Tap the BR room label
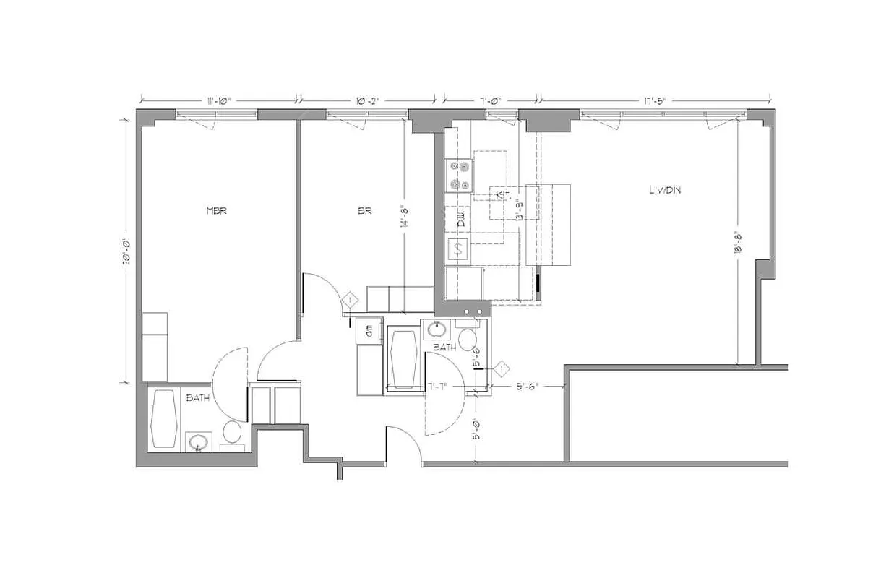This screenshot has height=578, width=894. (364, 212)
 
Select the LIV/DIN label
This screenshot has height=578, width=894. (664, 190)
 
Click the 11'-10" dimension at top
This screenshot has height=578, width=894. (218, 100)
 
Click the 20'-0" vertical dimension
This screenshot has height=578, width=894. (126, 251)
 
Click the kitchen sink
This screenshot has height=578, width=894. (459, 249)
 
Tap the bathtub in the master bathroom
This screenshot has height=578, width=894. (164, 418)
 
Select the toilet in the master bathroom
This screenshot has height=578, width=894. (231, 433)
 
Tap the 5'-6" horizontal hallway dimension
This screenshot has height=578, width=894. (526, 387)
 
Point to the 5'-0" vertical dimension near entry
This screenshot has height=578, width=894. (476, 429)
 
